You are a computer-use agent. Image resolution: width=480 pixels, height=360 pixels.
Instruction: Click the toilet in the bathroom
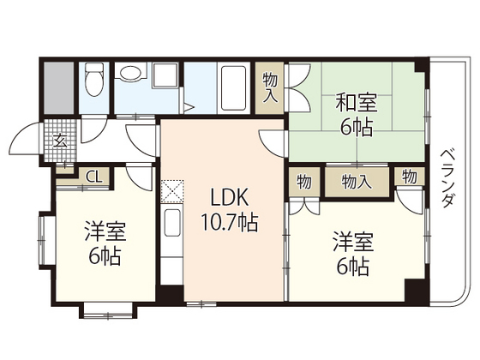(95, 81)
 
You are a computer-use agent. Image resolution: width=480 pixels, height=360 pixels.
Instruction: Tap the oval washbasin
(131, 75)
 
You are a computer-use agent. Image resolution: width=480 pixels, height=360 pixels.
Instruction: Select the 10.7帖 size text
(225, 224)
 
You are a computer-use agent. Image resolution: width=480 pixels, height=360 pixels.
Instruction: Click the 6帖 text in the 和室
(355, 130)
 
